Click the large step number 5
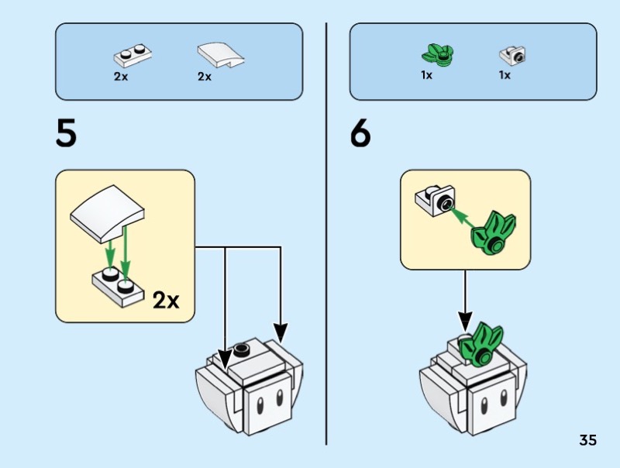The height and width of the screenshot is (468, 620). [67, 134]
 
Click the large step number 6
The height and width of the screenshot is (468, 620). [360, 134]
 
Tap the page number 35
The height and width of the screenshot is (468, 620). [587, 440]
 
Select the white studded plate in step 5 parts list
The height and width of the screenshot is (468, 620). [133, 54]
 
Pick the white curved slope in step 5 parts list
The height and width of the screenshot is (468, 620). [220, 55]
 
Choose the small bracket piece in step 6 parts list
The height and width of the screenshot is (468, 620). [512, 55]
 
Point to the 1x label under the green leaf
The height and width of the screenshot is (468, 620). [427, 76]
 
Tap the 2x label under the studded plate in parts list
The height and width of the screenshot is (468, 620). [121, 76]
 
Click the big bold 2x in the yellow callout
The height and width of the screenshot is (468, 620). [165, 300]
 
